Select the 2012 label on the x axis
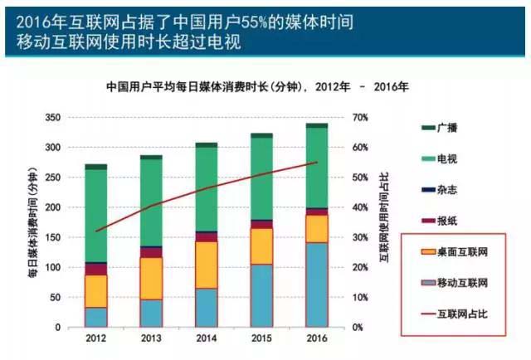(x=96, y=338)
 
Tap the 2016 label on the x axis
(x=315, y=338)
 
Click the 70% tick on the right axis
(x=358, y=118)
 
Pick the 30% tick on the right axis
(x=358, y=238)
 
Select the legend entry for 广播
(x=445, y=127)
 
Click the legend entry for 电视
(x=445, y=158)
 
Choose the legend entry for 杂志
(x=445, y=189)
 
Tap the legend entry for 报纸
(x=445, y=221)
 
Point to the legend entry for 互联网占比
(x=452, y=314)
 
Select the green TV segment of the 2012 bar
(x=96, y=216)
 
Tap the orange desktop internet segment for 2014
(x=206, y=265)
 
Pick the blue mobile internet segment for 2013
(x=151, y=313)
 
